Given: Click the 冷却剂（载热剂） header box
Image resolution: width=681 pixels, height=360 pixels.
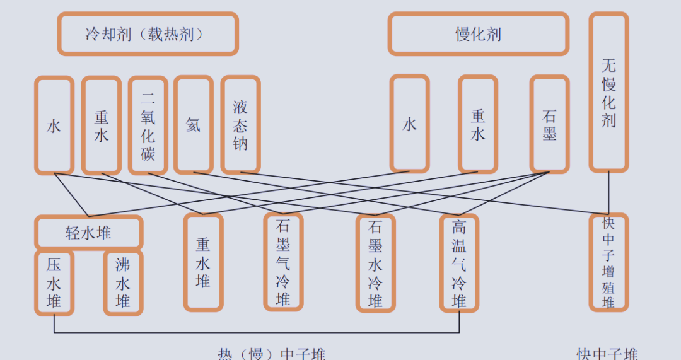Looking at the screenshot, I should click(148, 34).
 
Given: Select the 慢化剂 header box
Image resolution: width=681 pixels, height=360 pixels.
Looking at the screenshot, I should click(479, 34).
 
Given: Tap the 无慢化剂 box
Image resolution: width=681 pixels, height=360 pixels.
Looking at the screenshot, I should click(608, 92).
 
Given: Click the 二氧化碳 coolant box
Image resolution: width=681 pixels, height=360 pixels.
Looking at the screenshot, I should click(148, 125).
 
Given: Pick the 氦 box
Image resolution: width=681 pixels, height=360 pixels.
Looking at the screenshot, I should click(193, 125).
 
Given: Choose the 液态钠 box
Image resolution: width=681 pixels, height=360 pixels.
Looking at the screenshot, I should click(240, 125).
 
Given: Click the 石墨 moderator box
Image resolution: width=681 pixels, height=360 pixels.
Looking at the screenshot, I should click(549, 125).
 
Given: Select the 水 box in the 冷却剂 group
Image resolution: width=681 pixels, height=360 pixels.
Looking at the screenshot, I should click(54, 125).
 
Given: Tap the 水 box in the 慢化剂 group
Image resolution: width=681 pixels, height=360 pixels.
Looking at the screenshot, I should click(410, 125).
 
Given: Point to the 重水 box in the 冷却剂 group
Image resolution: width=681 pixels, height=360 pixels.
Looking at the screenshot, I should click(101, 125).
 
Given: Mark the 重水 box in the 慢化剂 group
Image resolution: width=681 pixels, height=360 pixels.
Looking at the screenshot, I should click(478, 125).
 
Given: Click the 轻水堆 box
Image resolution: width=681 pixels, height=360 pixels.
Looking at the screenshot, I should click(88, 233).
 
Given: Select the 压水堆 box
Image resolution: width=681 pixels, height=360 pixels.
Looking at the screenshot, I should click(54, 283).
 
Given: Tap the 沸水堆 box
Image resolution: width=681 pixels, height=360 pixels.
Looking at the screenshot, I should click(123, 283).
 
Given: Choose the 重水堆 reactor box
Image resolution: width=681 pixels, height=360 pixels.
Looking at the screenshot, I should click(203, 262).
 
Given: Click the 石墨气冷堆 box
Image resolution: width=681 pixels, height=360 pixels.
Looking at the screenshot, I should click(282, 262).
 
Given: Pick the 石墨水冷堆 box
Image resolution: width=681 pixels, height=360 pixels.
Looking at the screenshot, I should click(375, 263).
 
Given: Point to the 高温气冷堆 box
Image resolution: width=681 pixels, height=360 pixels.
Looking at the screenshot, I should click(459, 263).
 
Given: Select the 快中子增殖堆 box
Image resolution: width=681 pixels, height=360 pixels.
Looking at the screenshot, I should click(608, 262).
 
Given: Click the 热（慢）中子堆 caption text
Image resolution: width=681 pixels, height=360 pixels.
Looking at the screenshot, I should click(272, 354).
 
